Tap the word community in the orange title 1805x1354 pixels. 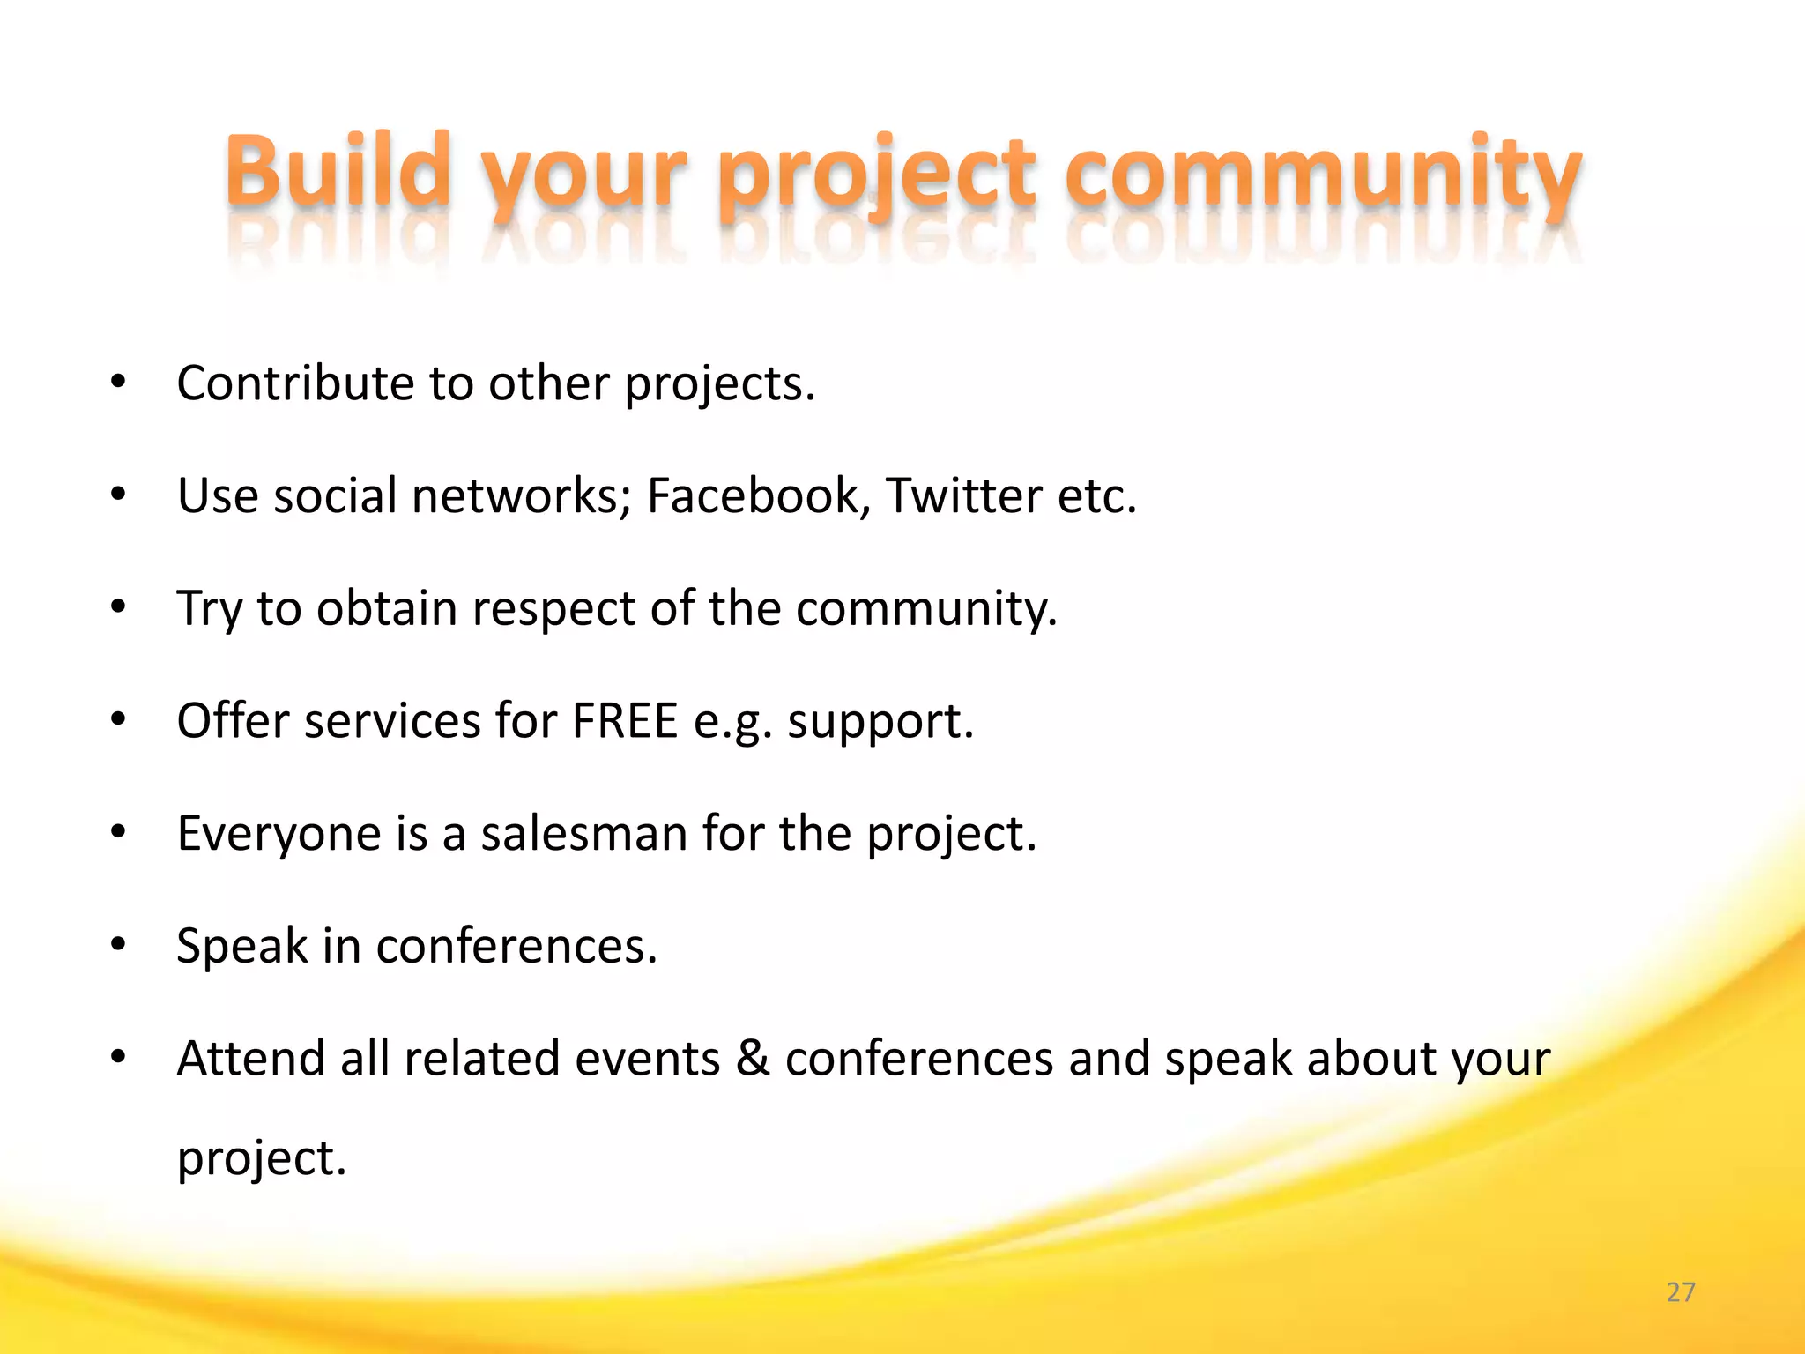1322,172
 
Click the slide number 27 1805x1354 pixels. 1681,1292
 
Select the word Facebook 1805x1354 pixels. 753,495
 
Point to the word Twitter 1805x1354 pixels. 963,495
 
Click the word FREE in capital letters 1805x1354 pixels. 624,720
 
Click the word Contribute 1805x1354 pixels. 295,383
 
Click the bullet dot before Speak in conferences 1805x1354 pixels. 119,944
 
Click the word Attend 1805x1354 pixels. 250,1058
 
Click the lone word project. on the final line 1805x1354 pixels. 262,1159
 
